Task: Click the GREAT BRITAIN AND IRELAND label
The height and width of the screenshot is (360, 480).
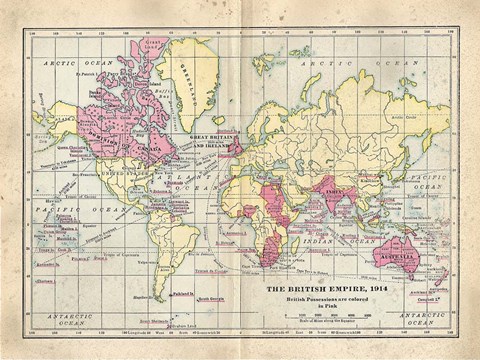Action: click(212, 141)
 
